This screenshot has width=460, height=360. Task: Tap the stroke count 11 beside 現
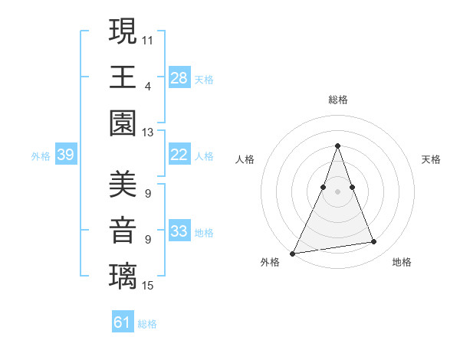pos(148,39)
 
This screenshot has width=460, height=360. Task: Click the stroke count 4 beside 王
pos(147,86)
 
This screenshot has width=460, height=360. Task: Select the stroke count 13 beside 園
pos(148,133)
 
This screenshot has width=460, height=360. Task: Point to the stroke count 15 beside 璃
pos(148,286)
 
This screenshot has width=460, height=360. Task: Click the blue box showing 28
pos(179,78)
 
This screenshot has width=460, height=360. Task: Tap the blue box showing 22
pos(179,155)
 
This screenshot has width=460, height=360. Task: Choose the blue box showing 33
pos(179,231)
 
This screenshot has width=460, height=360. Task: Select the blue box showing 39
pos(65,155)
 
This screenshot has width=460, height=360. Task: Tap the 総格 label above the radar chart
pos(337,100)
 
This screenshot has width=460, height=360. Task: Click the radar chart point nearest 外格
pos(292,253)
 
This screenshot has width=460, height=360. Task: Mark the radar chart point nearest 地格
pos(374,242)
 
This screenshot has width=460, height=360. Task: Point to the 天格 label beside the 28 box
pos(204,80)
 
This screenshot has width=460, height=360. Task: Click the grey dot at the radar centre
pos(337,191)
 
